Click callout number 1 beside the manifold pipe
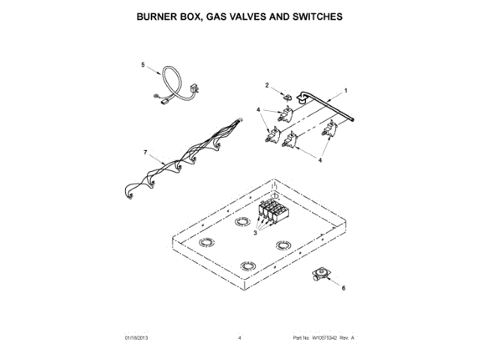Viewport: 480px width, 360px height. point(346,91)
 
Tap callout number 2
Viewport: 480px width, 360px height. point(266,85)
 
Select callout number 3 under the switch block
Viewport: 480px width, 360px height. point(255,233)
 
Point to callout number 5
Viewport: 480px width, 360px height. point(143,65)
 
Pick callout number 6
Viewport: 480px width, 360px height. point(344,288)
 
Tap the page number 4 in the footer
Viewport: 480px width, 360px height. point(239,338)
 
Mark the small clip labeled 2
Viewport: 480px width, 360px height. point(286,95)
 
